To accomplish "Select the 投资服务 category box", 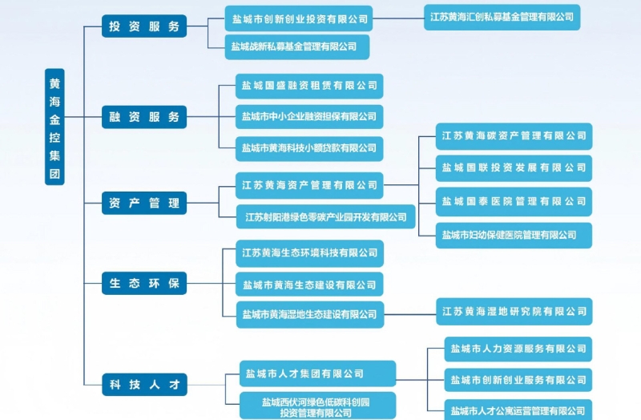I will tap(144, 26).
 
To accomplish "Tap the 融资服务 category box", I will tap(144, 117).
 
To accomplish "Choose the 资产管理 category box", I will tap(144, 204).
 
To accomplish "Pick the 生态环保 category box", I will tap(144, 283).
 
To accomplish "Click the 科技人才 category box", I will tap(144, 385).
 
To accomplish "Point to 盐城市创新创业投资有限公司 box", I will tap(299, 18).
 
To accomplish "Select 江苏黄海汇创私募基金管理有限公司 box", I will tap(502, 17).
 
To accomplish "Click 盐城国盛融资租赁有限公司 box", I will tap(309, 86).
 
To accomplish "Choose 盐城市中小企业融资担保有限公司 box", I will tap(309, 117).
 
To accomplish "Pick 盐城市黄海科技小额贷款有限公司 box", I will tap(309, 148).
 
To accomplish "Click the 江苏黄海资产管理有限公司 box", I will tap(309, 185).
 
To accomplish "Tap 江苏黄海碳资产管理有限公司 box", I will tap(514, 136).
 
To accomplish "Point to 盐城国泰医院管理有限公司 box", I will tap(514, 201).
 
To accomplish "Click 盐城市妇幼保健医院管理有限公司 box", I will tap(514, 235).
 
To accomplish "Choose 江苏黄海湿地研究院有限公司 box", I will tap(514, 311).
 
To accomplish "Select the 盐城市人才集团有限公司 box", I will tap(317, 374).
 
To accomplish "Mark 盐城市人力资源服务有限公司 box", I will tap(518, 349).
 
